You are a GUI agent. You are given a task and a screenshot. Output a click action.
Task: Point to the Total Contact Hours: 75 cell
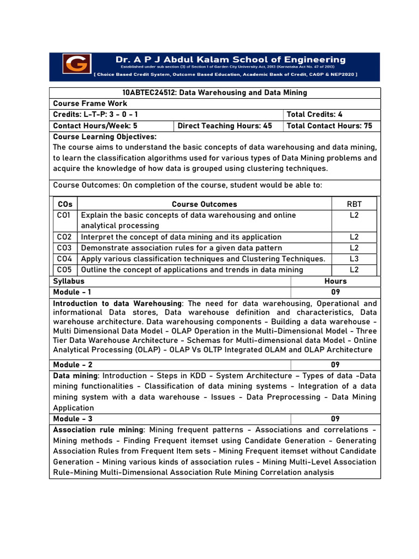330,126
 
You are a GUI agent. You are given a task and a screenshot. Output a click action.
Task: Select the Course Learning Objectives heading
105,136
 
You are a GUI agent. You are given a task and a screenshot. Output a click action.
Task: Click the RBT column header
354,204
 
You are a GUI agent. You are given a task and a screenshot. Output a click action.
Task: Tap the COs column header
65,204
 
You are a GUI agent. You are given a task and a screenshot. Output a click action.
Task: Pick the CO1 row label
64,216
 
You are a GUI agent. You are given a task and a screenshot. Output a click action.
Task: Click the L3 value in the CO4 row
354,259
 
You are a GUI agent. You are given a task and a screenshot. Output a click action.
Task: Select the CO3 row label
64,248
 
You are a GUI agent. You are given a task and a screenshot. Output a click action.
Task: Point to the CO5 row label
64,270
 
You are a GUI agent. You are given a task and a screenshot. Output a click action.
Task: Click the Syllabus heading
69,281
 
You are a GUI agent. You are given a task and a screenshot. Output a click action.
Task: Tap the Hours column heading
335,281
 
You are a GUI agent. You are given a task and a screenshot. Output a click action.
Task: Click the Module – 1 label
73,292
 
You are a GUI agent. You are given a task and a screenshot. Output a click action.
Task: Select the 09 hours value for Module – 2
335,365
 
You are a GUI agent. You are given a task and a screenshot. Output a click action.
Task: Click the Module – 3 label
73,419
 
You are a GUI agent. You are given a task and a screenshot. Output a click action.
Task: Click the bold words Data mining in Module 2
75,376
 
